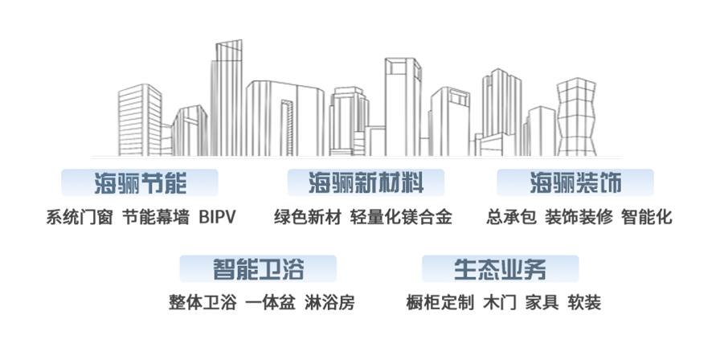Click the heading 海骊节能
point(140,183)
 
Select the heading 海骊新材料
point(366,183)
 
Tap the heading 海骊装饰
point(575,183)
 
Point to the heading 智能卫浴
point(258,268)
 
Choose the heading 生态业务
point(500,268)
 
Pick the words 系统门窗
point(80,217)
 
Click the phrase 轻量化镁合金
point(401,217)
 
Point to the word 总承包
point(511,217)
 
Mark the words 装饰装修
point(579,217)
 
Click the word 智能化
point(647,217)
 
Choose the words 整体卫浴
point(202,303)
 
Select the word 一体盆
point(271,303)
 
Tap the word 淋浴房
point(329,303)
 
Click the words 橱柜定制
point(440,303)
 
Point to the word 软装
point(584,303)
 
